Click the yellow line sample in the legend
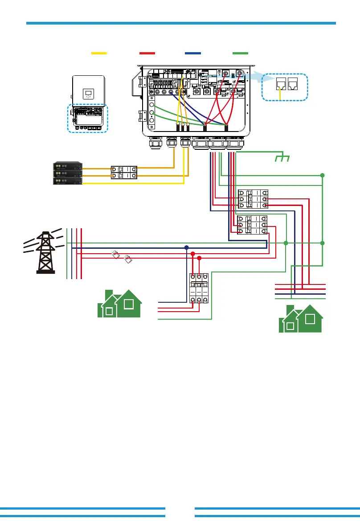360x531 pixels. [x=99, y=53]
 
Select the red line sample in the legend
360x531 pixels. [x=147, y=53]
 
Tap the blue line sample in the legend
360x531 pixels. [x=192, y=53]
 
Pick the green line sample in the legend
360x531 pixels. [x=240, y=53]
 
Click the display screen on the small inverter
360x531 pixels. [x=88, y=95]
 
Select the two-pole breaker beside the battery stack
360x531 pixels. [x=124, y=172]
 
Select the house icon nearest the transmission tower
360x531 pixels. [x=119, y=304]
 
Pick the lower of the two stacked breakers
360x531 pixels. [x=252, y=225]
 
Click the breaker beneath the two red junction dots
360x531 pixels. [x=199, y=288]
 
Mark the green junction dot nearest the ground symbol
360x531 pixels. [x=323, y=176]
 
